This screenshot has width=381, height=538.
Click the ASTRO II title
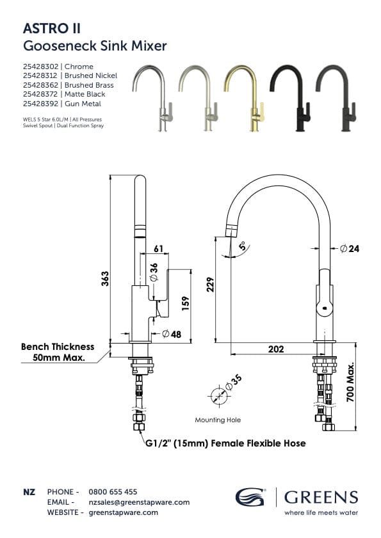click(x=52, y=28)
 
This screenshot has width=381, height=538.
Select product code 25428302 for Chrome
click(x=40, y=67)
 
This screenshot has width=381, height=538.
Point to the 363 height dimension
click(x=105, y=278)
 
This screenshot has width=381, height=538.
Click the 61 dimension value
click(x=159, y=248)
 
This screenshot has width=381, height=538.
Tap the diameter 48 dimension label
click(x=174, y=333)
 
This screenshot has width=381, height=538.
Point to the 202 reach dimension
click(x=276, y=349)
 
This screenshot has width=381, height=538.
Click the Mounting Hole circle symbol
click(x=218, y=395)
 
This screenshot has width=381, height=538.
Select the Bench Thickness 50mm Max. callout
click(x=58, y=352)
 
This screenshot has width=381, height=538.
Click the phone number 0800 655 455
click(x=113, y=492)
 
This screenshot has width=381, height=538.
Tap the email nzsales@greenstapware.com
click(x=139, y=502)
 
